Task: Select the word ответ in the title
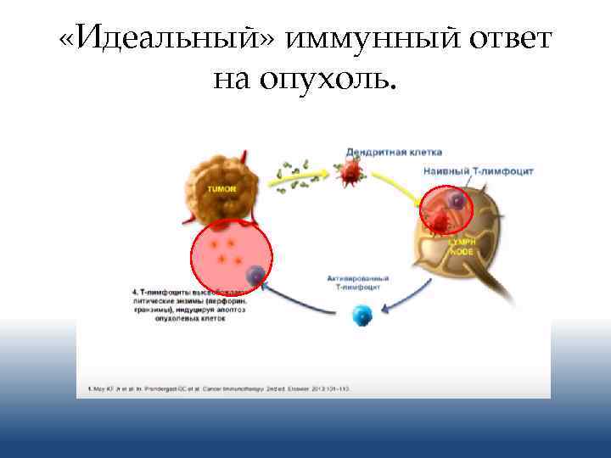tap(504, 39)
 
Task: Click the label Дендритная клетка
tap(393, 153)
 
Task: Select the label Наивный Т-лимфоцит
tap(477, 172)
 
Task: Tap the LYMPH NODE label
tap(462, 246)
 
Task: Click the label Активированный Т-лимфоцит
tap(358, 282)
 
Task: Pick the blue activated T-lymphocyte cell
tap(362, 317)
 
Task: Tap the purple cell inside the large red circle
tap(255, 275)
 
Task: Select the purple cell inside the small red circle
tap(457, 202)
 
